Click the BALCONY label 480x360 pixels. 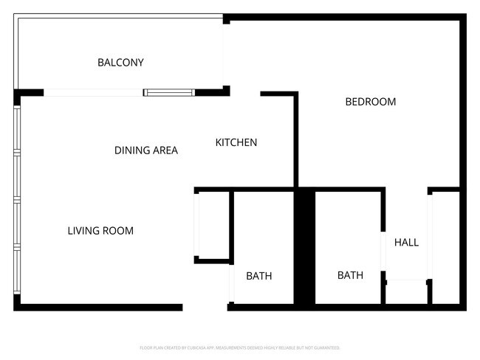pyautogui.click(x=120, y=63)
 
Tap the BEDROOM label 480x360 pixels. pyautogui.click(x=371, y=102)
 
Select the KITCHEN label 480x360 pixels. pyautogui.click(x=236, y=142)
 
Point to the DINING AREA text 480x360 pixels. pyautogui.click(x=146, y=150)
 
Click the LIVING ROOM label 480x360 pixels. pyautogui.click(x=100, y=231)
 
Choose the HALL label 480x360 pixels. pyautogui.click(x=406, y=242)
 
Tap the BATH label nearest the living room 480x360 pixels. pyautogui.click(x=259, y=276)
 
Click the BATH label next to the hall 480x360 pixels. pyautogui.click(x=350, y=275)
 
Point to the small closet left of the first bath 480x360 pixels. pyautogui.click(x=213, y=224)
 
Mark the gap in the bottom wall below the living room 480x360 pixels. pyautogui.click(x=205, y=307)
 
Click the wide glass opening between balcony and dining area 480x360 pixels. pyautogui.click(x=94, y=93)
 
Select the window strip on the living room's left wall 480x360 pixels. pyautogui.click(x=17, y=199)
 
